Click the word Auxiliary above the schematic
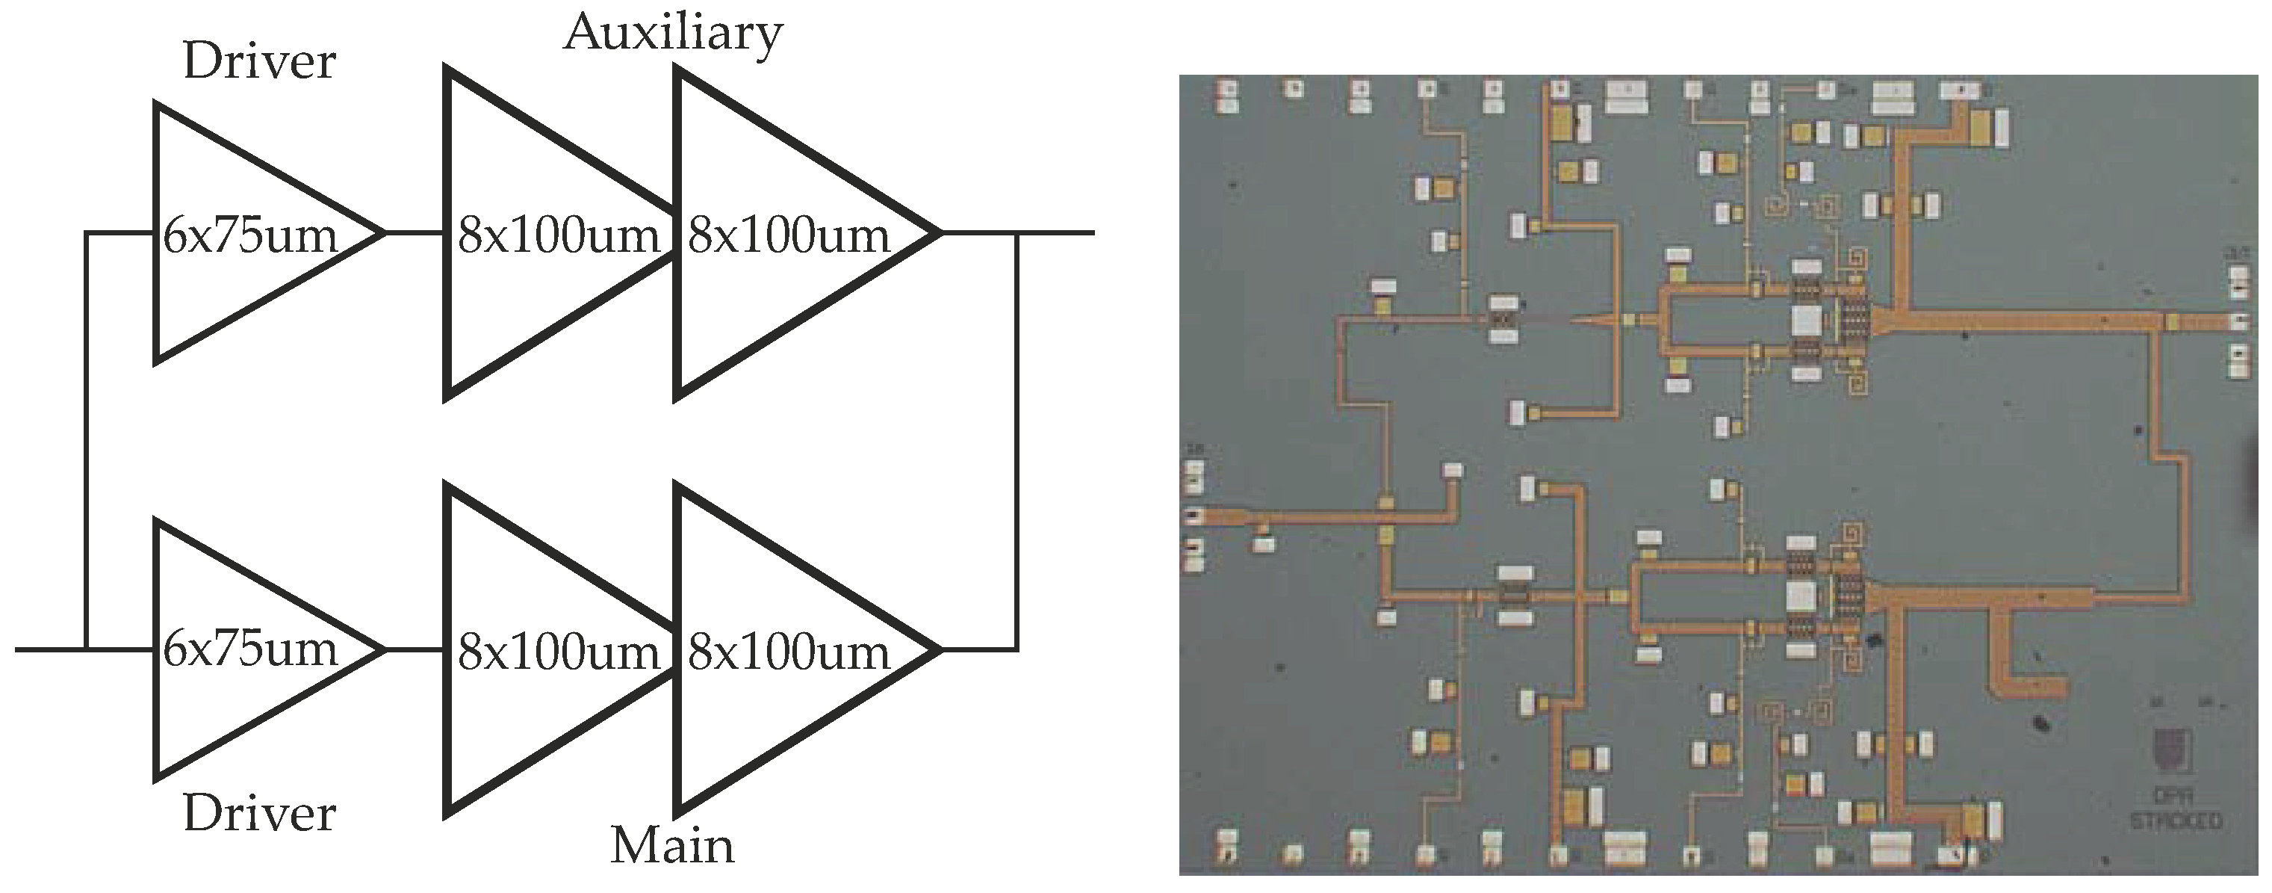pyautogui.click(x=673, y=34)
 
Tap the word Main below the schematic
pyautogui.click(x=672, y=845)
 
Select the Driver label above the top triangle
pyautogui.click(x=259, y=62)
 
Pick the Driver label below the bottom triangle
pyautogui.click(x=259, y=814)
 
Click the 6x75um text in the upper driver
pyautogui.click(x=250, y=235)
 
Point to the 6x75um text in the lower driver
pyautogui.click(x=250, y=649)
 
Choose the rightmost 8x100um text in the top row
pyautogui.click(x=789, y=235)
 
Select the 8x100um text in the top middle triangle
pyautogui.click(x=559, y=235)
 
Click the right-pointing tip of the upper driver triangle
pyautogui.click(x=384, y=233)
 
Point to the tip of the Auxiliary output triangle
pyautogui.click(x=940, y=233)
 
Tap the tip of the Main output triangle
pyautogui.click(x=940, y=650)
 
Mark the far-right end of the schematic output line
pyautogui.click(x=1093, y=233)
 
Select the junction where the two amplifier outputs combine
pyautogui.click(x=1018, y=233)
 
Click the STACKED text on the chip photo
pyautogui.click(x=2175, y=821)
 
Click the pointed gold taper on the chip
pyautogui.click(x=1596, y=321)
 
